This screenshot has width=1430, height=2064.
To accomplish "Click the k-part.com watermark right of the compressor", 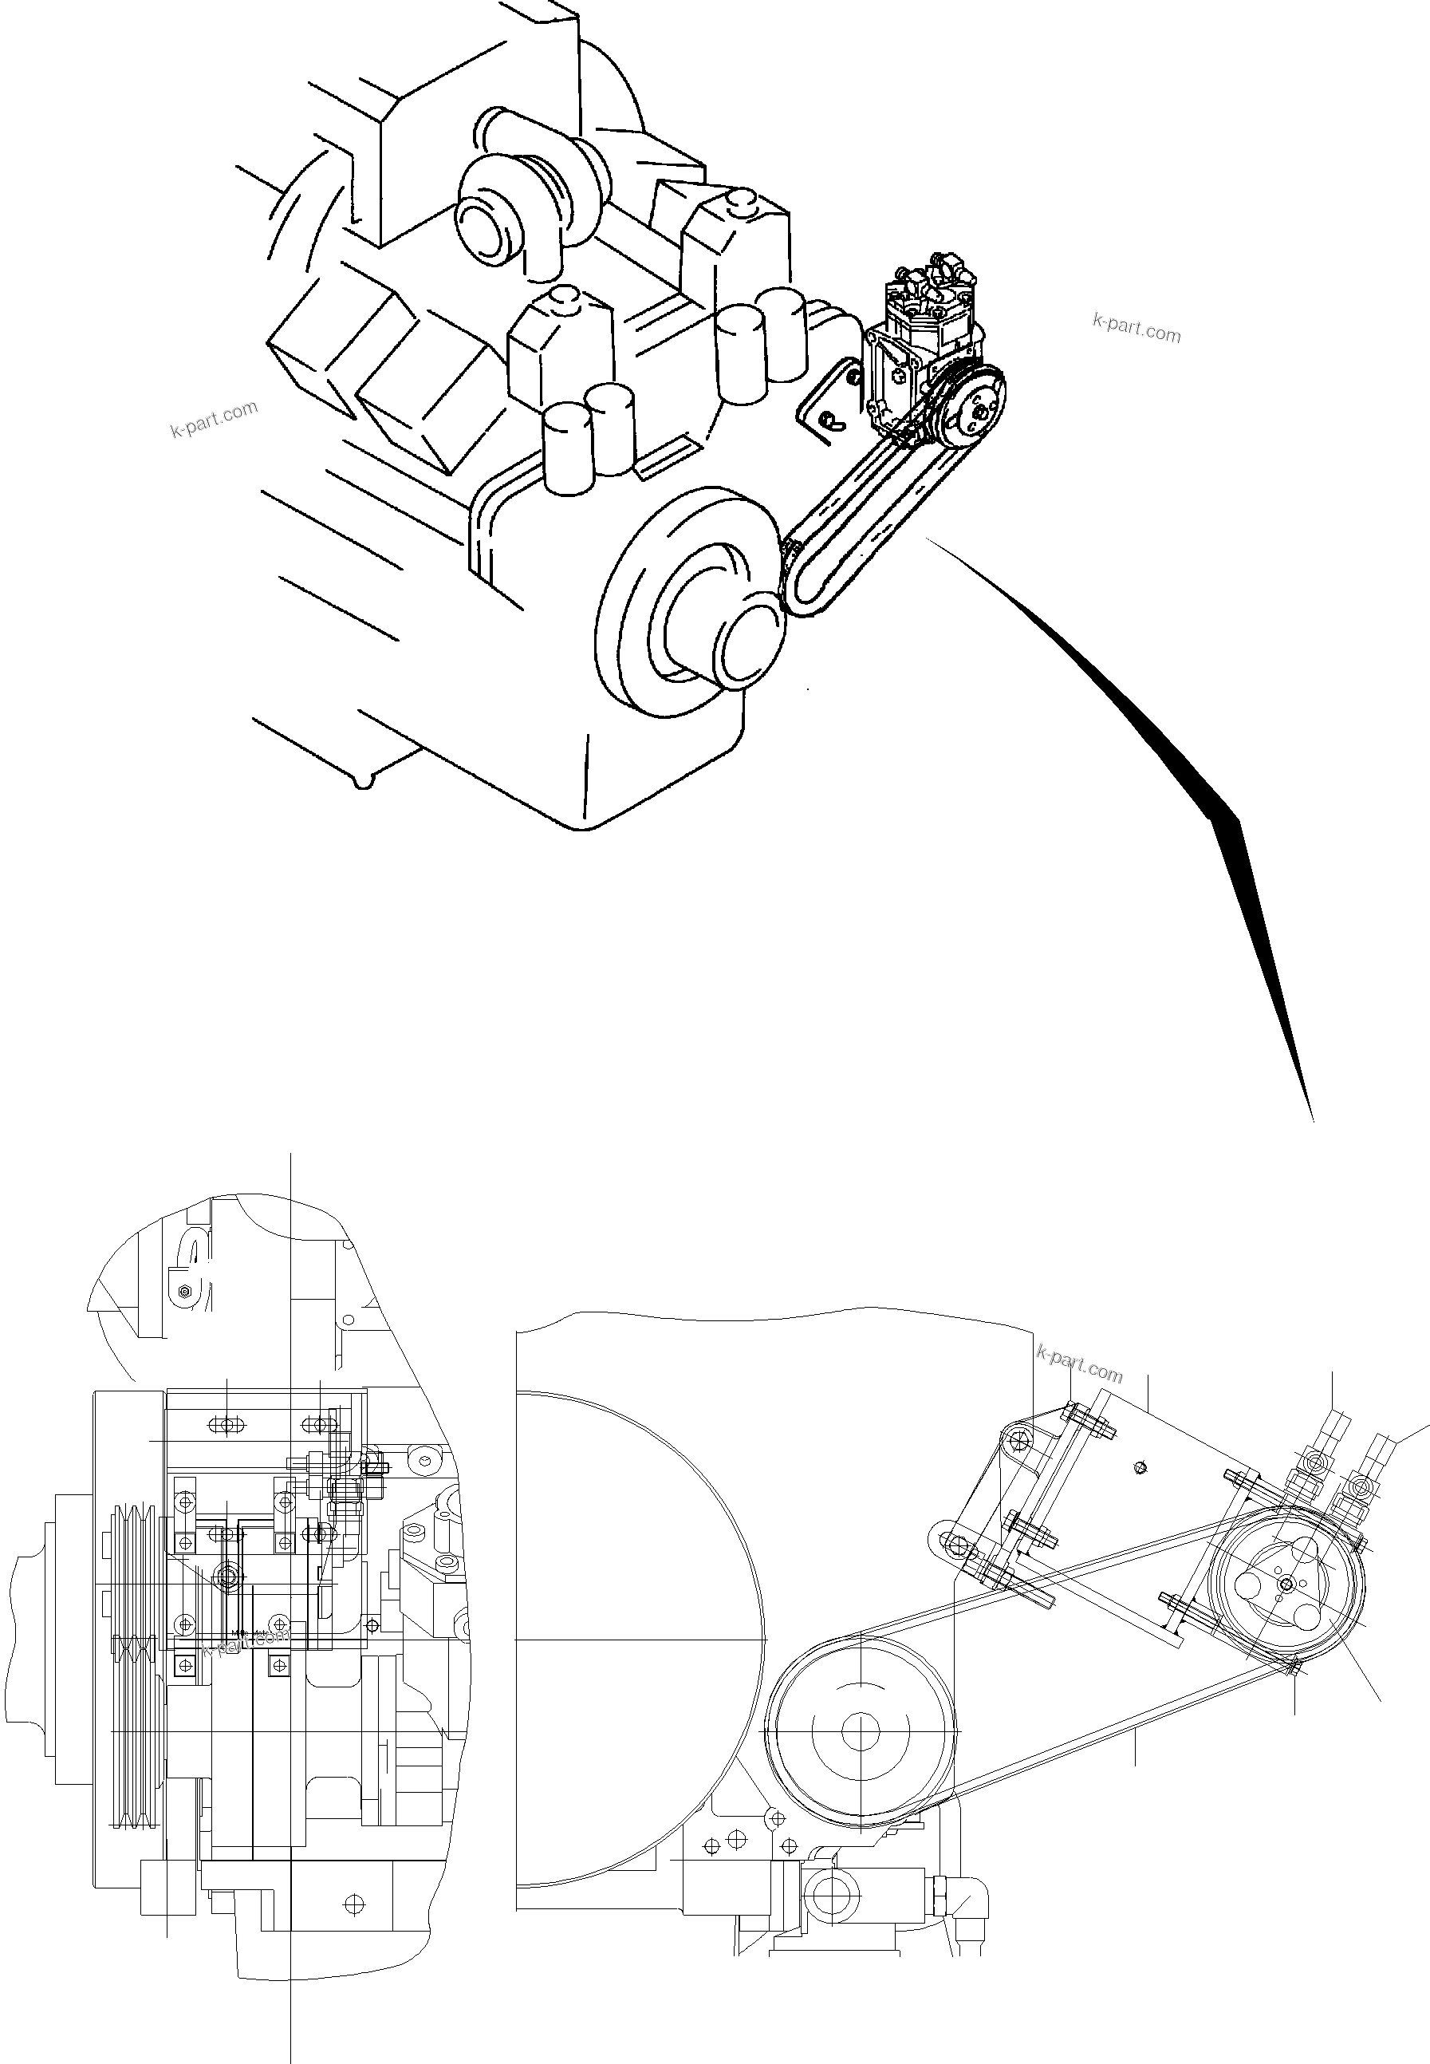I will pos(1137,328).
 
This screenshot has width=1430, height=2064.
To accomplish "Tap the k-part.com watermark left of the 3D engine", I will pos(213,419).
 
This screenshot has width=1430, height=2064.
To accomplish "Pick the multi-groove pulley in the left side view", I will pos(132,1667).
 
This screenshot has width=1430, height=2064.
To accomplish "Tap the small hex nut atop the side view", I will pos(183,1292).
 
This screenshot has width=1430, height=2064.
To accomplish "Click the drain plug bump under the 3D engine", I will pos(362,782).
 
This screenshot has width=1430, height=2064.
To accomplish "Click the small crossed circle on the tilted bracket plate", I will pos(1140,1467).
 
